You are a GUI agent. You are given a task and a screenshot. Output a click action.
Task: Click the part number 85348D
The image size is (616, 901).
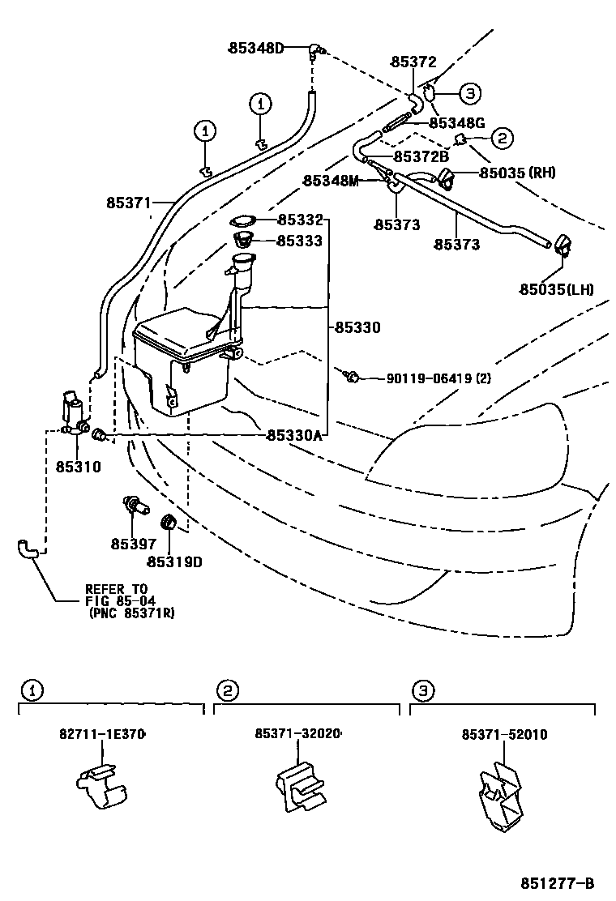click(x=255, y=48)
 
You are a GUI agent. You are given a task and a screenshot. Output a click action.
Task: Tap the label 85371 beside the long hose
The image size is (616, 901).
click(x=129, y=202)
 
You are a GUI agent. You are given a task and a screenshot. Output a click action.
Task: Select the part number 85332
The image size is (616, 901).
click(x=300, y=220)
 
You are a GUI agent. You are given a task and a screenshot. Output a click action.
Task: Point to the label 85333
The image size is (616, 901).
click(x=300, y=241)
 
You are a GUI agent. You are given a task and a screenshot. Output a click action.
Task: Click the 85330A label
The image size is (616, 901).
click(x=295, y=435)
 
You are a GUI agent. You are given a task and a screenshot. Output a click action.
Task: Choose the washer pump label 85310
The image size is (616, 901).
click(x=79, y=467)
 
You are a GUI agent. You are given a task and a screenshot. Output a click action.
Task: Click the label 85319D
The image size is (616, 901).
click(x=174, y=561)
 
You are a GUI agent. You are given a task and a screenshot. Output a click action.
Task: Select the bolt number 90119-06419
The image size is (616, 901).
click(x=426, y=378)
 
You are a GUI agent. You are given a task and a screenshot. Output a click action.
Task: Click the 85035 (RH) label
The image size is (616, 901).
click(x=516, y=173)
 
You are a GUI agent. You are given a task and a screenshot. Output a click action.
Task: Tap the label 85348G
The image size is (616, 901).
click(x=456, y=123)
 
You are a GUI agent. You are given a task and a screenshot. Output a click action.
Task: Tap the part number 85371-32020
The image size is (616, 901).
click(x=297, y=734)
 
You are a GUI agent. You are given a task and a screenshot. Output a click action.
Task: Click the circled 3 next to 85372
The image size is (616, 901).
click(x=470, y=93)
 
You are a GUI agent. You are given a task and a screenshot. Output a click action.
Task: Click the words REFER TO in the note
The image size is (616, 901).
click(x=117, y=589)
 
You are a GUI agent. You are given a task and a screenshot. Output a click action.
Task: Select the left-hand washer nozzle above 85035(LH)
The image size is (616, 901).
click(x=563, y=244)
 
